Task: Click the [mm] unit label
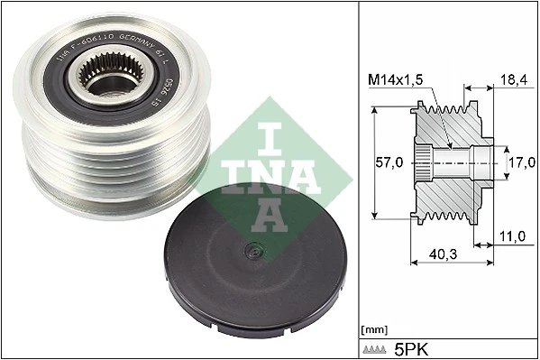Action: [x=372, y=330]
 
